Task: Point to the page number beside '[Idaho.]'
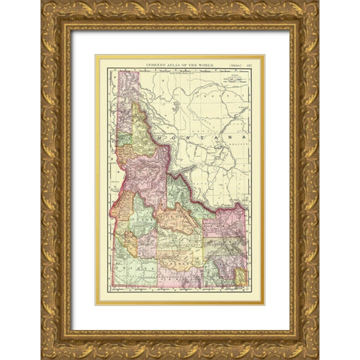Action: click(x=245, y=63)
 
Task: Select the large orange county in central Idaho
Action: click(x=175, y=222)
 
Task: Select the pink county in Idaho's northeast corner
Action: click(x=232, y=221)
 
